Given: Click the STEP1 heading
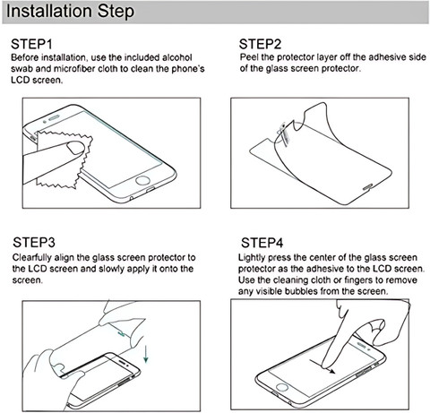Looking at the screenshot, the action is [31, 44].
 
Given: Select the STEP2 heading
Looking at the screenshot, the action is [260, 44].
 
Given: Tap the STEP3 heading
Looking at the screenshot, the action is [34, 243].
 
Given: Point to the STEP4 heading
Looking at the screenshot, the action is [262, 243].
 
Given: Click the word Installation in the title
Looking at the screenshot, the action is [49, 11].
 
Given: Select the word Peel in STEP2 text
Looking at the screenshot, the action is [249, 57].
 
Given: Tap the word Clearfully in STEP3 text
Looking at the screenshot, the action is [32, 258].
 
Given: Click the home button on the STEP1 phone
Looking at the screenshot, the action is [142, 181].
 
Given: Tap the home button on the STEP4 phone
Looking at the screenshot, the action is [281, 388].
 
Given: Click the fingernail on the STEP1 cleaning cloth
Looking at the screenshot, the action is [76, 148].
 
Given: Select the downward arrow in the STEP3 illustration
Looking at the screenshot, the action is [146, 354].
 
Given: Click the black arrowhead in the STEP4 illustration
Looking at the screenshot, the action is [331, 372].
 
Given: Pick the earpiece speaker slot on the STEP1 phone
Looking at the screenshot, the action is [54, 118].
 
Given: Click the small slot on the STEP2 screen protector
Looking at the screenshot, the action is [367, 186].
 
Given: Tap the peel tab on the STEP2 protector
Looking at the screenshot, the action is [282, 133].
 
